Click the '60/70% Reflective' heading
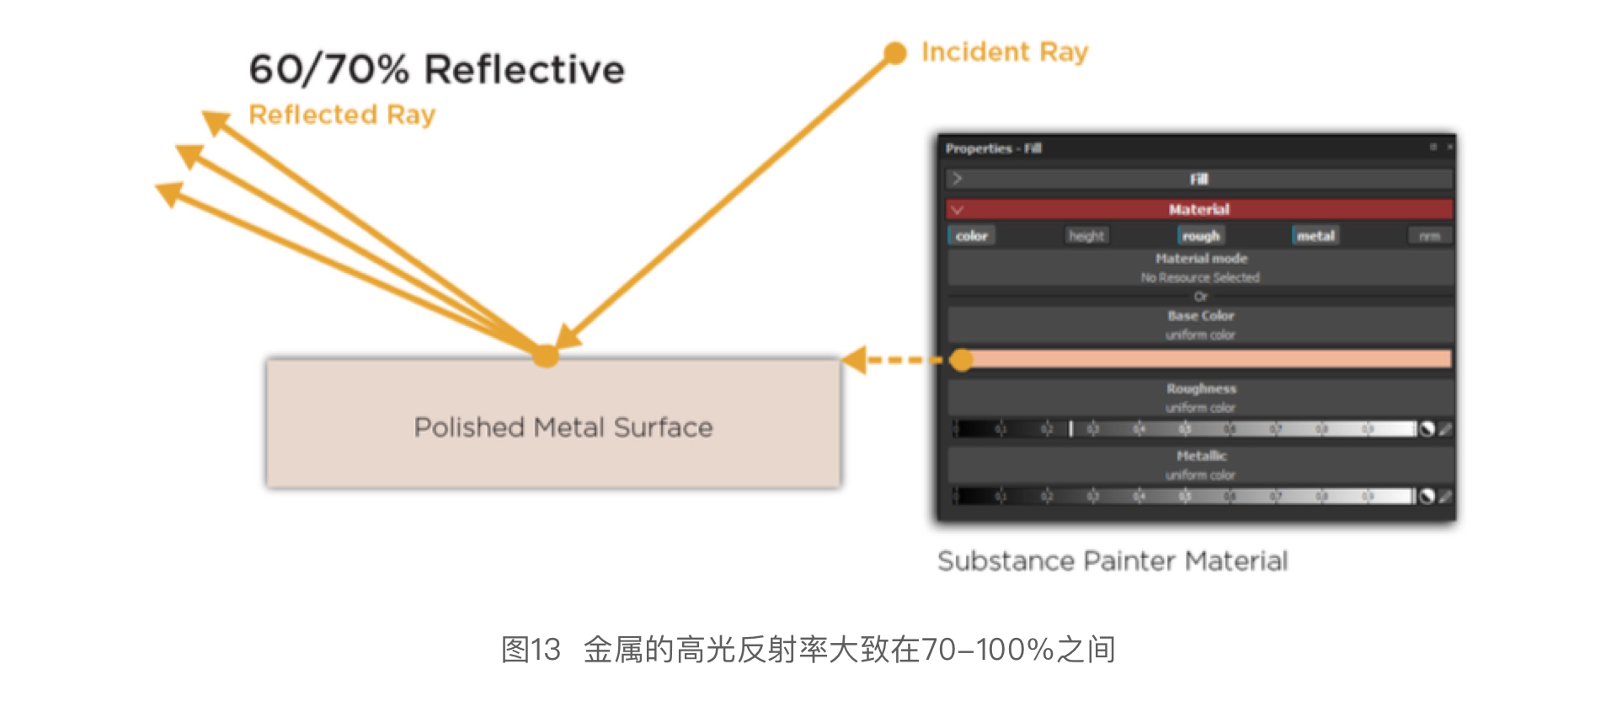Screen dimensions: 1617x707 (x=436, y=69)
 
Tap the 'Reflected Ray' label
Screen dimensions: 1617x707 (x=342, y=115)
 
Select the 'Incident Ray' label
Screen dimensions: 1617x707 (x=1004, y=52)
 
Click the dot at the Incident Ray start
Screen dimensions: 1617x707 (x=894, y=53)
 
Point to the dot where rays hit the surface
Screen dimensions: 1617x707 (x=546, y=356)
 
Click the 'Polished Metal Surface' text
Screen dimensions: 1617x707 (x=563, y=427)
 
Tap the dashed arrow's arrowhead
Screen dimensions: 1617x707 (x=855, y=360)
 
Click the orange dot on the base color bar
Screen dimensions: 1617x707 (x=961, y=360)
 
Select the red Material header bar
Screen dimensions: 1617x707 (x=1199, y=209)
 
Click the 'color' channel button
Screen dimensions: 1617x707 (x=971, y=236)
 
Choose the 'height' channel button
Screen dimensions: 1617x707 (x=1086, y=236)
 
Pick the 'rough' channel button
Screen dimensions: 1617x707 (x=1200, y=236)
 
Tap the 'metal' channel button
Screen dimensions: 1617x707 (x=1315, y=236)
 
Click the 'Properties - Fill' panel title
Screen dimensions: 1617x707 (x=993, y=148)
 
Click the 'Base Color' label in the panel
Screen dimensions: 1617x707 (x=1200, y=316)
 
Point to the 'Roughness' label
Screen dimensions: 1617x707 (x=1201, y=388)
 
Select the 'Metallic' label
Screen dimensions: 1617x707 (x=1201, y=456)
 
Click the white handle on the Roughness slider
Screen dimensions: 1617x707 (x=1070, y=429)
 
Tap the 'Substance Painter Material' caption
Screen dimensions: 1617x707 (x=1112, y=561)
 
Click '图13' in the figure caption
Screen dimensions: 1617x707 (x=531, y=650)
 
